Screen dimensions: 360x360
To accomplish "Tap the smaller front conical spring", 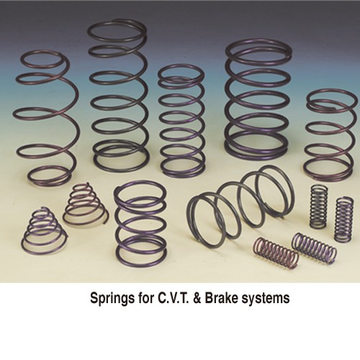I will point(44,230).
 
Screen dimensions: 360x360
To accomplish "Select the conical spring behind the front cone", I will point(84,204).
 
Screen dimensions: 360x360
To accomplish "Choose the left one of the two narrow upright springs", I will point(318,206).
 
